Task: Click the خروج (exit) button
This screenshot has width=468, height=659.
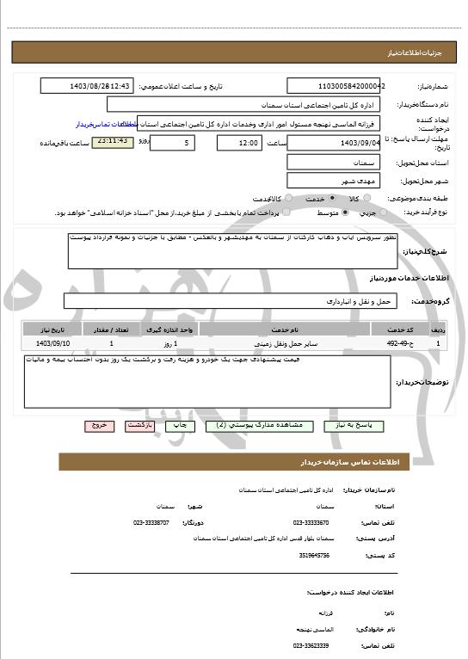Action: [x=99, y=426]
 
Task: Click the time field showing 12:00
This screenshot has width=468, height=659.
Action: [x=238, y=142]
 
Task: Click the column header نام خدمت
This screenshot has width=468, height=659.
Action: [x=284, y=329]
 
